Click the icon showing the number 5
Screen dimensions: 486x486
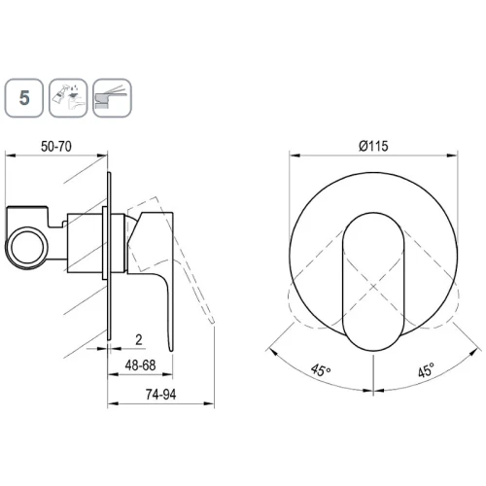coord(24,98)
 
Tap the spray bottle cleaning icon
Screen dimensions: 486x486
coord(68,98)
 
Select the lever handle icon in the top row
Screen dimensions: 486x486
coord(112,98)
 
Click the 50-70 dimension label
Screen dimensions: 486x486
coord(56,147)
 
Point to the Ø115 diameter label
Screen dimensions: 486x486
coord(373,146)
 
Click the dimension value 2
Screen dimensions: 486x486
coord(139,340)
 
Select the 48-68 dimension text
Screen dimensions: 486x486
coord(140,365)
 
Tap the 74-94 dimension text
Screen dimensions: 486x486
coord(160,395)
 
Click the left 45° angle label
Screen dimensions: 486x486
coord(321,370)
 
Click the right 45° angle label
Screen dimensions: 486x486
coord(426,370)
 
